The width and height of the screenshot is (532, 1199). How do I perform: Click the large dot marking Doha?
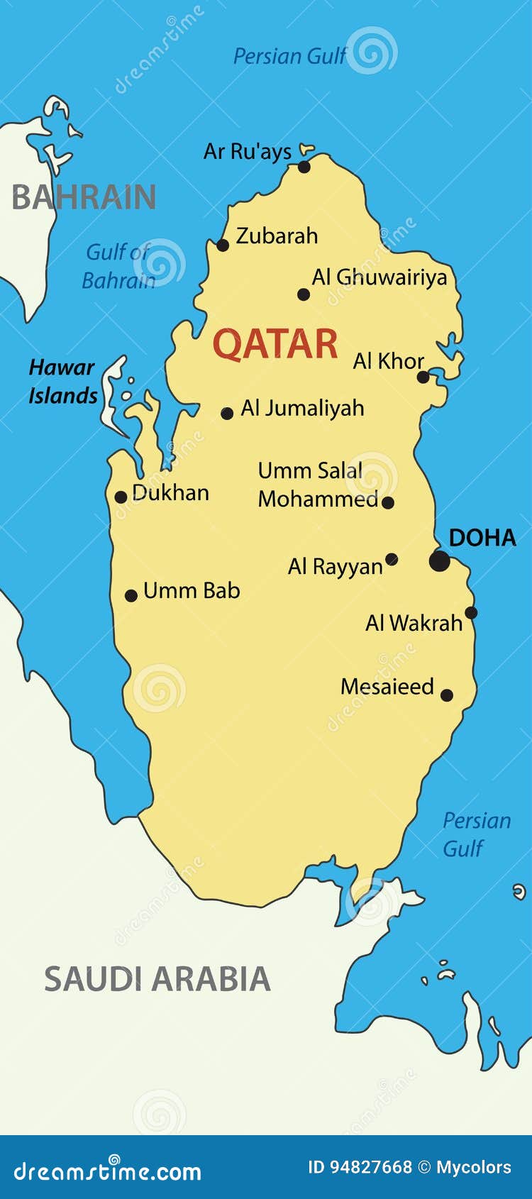440,560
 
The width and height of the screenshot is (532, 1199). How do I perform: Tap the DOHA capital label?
482,538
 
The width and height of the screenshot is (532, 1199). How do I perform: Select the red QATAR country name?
275,344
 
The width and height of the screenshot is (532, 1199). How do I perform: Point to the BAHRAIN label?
84,197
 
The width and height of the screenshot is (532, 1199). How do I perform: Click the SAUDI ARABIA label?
157,979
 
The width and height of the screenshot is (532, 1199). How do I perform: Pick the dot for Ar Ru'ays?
304,167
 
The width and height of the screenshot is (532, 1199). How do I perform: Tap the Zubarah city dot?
223,245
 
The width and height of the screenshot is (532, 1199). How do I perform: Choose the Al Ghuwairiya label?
379,277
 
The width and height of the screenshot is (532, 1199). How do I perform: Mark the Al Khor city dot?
423,377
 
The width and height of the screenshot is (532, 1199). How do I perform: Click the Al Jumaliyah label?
303,408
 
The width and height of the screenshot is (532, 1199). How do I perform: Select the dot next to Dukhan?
121,497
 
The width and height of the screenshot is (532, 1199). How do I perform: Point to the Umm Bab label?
192,590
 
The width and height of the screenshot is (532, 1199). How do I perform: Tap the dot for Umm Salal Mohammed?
388,502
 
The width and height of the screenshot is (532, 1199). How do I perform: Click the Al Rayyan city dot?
392,559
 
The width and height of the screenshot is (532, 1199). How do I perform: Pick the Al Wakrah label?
414,623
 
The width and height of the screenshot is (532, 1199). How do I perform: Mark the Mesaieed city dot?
447,695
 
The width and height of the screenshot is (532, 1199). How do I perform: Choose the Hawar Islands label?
62,381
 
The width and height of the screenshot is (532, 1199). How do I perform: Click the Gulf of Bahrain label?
118,266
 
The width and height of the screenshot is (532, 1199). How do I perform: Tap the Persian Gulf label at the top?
289,56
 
